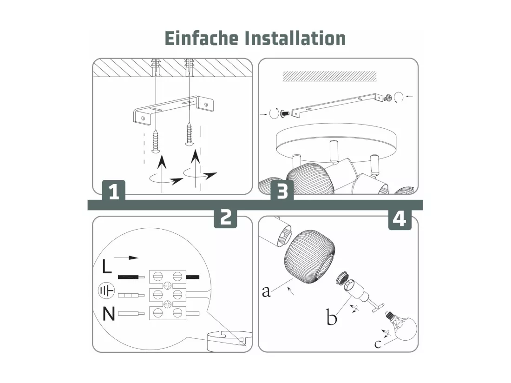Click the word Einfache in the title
point(202,38)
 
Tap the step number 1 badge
point(113,191)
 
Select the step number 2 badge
point(225,217)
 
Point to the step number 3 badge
point(282,191)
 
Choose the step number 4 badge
point(400,219)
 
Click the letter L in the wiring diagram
point(106,267)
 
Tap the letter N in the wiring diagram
point(109,314)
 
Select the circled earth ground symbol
point(106,290)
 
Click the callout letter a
point(266,291)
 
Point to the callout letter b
point(331,317)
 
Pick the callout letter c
point(378,344)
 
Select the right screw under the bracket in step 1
point(189,134)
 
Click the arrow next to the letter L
point(126,258)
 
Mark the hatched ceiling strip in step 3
point(329,76)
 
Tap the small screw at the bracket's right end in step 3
point(388,98)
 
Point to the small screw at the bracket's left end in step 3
point(284,114)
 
